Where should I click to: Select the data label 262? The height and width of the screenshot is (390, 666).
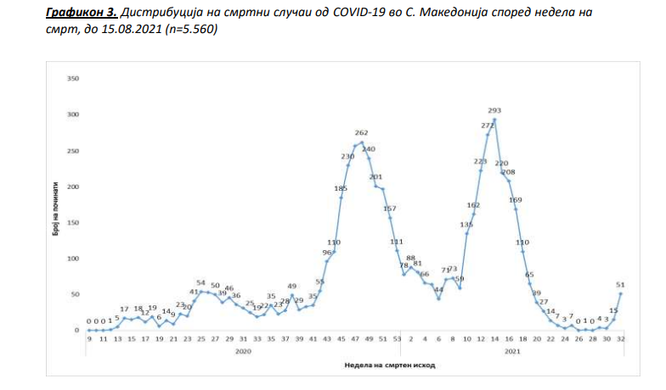[361, 133]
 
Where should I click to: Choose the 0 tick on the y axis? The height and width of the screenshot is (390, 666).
[76, 331]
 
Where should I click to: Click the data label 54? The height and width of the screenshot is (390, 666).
[201, 283]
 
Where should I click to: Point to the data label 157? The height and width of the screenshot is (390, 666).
[390, 209]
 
